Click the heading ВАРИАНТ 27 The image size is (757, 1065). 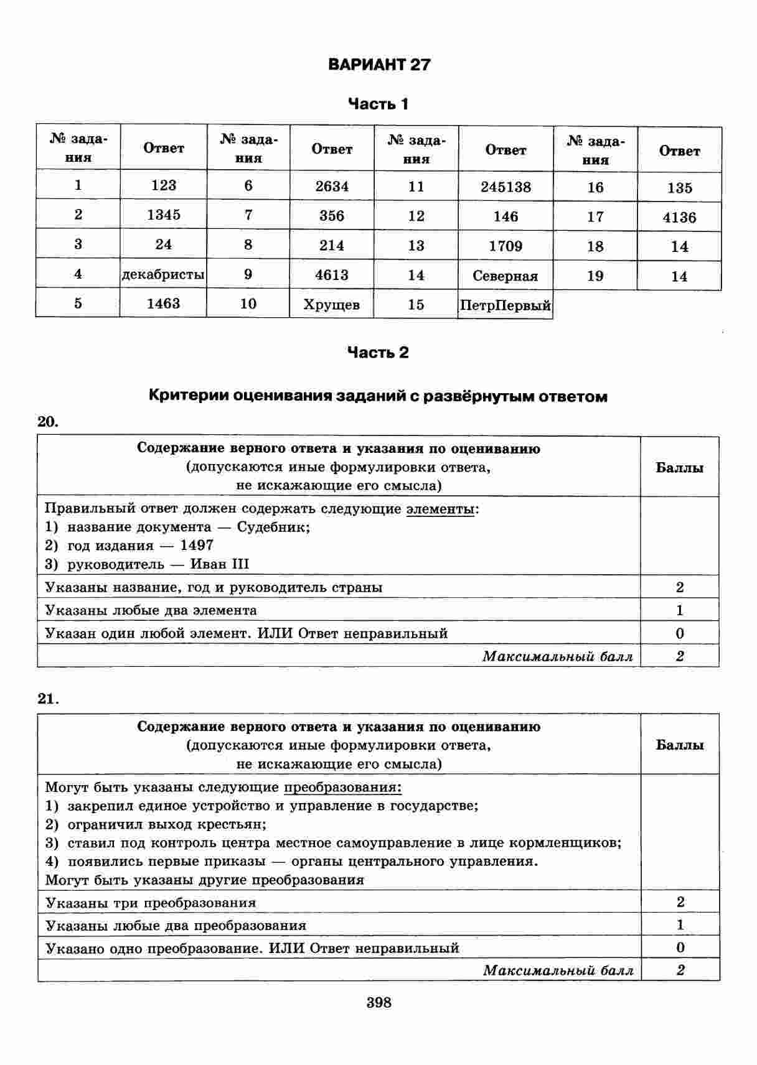click(x=378, y=65)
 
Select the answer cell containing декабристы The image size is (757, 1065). click(x=163, y=274)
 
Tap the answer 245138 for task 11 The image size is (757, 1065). click(x=505, y=187)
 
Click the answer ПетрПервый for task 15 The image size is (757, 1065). click(x=505, y=305)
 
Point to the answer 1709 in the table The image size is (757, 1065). click(x=505, y=246)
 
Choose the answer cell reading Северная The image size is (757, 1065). click(x=505, y=276)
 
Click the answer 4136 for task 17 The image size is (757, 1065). click(x=679, y=218)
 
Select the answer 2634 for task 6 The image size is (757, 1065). click(x=332, y=186)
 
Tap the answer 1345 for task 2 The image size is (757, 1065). click(x=163, y=215)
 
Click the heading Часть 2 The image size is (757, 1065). click(x=378, y=353)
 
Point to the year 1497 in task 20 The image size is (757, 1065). click(x=197, y=546)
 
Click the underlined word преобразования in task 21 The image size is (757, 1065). click(x=342, y=788)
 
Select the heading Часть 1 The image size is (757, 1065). click(x=378, y=104)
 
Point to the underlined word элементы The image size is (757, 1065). click(x=441, y=509)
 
